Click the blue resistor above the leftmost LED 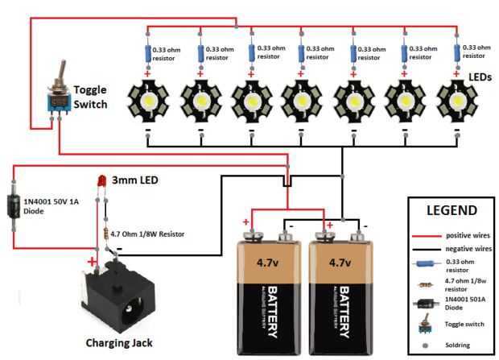(149, 53)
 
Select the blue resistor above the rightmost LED (456, 53)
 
